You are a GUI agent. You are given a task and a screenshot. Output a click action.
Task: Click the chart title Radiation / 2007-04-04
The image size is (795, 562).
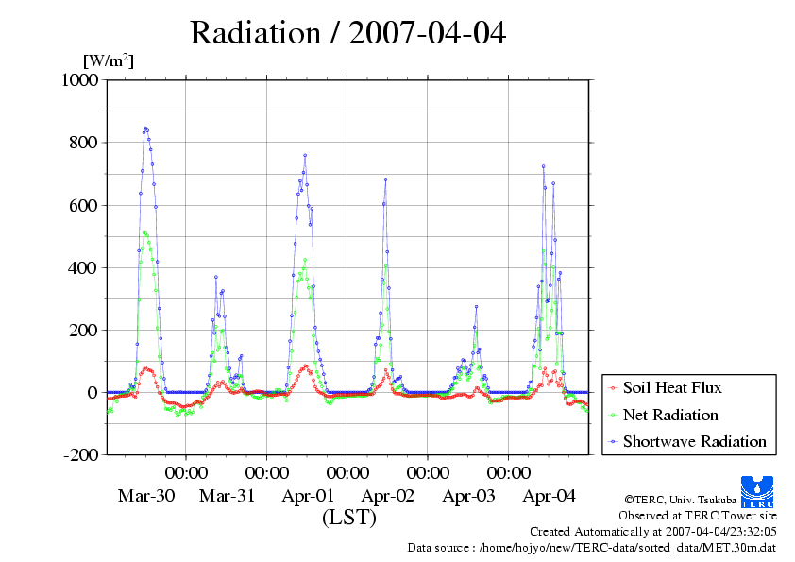(347, 33)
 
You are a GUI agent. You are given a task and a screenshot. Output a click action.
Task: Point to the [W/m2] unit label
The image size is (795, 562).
(109, 61)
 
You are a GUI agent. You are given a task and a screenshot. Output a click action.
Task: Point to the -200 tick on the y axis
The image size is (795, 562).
(81, 454)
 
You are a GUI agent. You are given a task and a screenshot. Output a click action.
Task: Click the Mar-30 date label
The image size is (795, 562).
(145, 496)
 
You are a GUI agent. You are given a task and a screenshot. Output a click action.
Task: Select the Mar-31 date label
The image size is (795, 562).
(227, 496)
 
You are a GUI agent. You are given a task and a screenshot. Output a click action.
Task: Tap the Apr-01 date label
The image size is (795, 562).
(308, 496)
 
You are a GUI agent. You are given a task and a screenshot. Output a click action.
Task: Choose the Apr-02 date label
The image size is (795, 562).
(388, 496)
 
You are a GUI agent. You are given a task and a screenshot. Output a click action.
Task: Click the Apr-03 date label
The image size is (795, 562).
(469, 496)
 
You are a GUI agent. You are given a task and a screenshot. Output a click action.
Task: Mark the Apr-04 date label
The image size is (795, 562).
(550, 496)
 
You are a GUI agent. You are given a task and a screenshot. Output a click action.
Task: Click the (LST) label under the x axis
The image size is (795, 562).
(349, 518)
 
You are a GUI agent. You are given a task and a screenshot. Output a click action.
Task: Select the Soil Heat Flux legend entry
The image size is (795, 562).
(672, 387)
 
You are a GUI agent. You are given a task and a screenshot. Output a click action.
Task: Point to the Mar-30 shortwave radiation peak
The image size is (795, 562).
(145, 128)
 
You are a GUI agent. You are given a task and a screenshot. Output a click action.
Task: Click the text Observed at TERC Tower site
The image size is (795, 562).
(698, 516)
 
